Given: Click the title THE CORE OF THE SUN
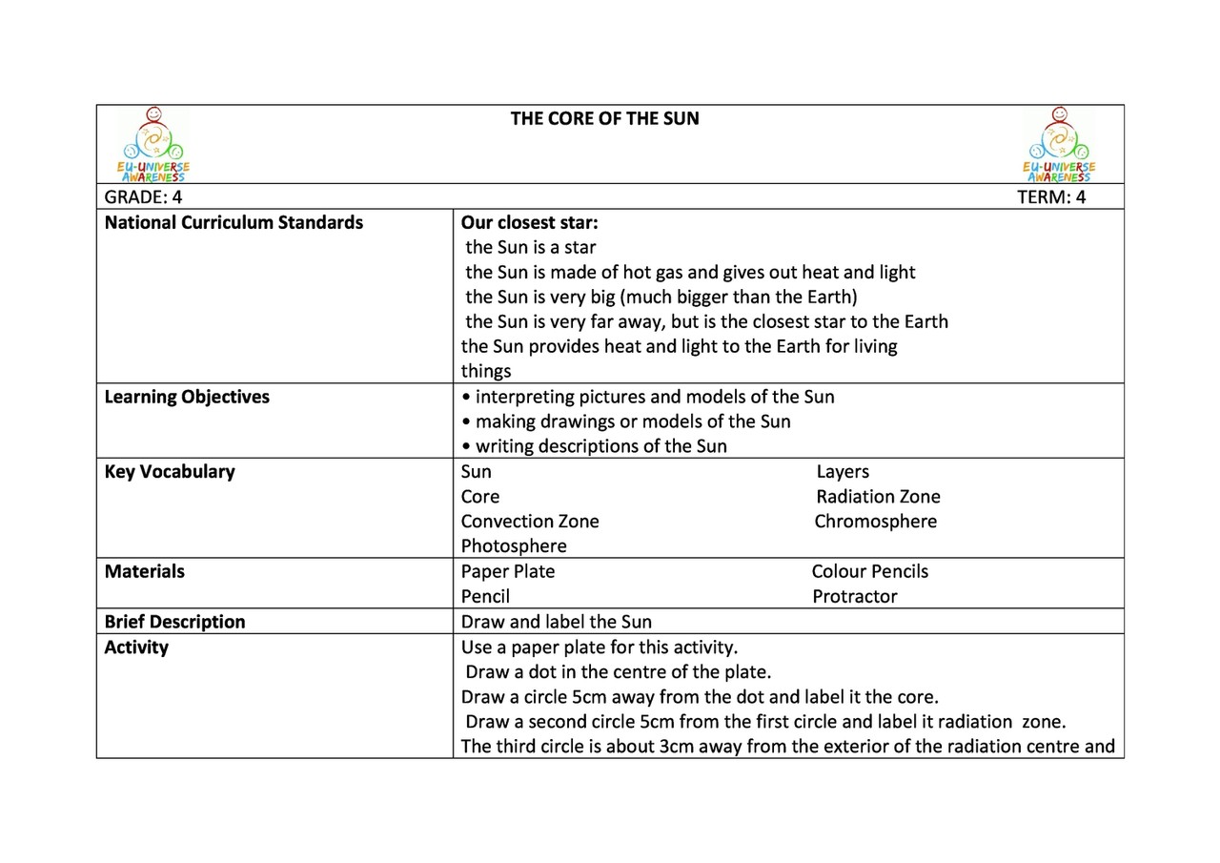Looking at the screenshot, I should tap(604, 119).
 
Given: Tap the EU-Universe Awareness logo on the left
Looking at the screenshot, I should tap(152, 145).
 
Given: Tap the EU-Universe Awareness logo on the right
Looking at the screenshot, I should tap(1058, 145).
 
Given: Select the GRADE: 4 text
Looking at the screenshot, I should tap(143, 197).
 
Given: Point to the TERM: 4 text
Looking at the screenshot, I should tap(1051, 197).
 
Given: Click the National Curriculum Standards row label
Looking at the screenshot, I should tap(234, 223).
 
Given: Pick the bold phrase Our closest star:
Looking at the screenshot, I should tap(529, 223).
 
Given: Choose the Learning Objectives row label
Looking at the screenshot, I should tap(187, 398).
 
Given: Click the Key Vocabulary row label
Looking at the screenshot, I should tap(170, 472).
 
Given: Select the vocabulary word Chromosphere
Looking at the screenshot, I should tap(875, 522).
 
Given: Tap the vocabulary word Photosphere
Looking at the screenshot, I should tap(514, 546).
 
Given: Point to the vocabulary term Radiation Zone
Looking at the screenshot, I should tap(878, 497).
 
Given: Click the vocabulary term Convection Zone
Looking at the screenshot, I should tap(530, 522).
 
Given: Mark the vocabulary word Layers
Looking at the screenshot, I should tap(843, 472).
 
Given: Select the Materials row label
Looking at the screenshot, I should tap(145, 572).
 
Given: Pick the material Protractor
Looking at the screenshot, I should tap(854, 597).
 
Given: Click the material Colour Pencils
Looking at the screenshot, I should tap(869, 572).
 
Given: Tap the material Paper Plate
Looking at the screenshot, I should tap(508, 572).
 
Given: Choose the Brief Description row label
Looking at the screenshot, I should tap(174, 622).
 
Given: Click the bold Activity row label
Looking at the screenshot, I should tap(136, 647).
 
